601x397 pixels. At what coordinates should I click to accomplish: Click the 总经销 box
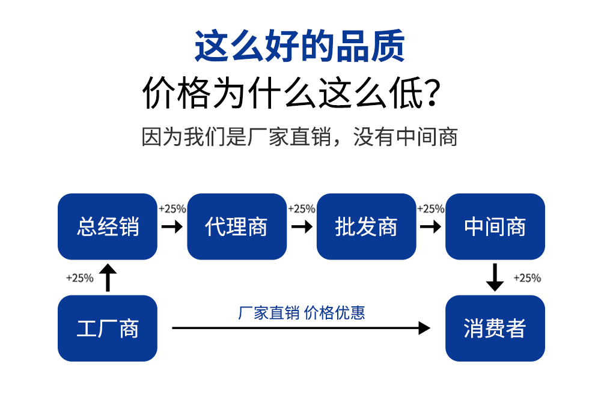tap(108, 226)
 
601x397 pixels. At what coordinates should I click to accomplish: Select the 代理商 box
tap(237, 226)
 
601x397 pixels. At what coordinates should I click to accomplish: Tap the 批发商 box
tap(367, 226)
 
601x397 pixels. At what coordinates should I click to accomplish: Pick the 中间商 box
tap(495, 226)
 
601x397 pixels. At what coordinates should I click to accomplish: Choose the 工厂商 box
tap(108, 329)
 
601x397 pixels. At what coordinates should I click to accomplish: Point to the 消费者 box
tap(495, 329)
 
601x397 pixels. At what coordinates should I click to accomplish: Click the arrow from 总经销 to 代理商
tap(172, 227)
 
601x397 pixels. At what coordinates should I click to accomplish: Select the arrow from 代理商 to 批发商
tap(302, 227)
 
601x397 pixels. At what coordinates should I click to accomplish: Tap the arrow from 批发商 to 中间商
tap(430, 227)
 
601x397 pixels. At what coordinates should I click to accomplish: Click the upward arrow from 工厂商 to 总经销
tap(108, 277)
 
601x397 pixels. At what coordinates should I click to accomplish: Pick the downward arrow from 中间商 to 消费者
tap(495, 277)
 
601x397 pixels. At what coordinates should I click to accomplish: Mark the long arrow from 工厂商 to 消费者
tap(301, 328)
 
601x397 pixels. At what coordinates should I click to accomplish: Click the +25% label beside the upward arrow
tap(80, 278)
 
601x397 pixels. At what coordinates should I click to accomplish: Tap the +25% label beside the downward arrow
tap(527, 278)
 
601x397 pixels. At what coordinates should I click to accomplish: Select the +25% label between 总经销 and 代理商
tap(172, 209)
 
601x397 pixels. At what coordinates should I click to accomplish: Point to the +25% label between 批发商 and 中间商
tap(430, 209)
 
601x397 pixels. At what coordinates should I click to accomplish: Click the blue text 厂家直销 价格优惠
tap(301, 313)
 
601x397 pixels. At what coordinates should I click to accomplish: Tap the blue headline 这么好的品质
tap(300, 46)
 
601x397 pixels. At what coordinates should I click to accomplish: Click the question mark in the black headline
tap(432, 93)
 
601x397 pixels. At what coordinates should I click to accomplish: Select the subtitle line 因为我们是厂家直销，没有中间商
tap(300, 137)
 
